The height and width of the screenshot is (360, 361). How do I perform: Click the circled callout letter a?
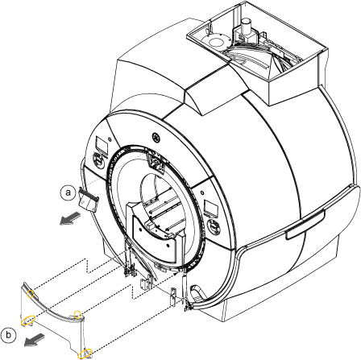(x=68, y=192)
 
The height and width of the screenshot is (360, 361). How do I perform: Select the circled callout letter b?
(x=8, y=335)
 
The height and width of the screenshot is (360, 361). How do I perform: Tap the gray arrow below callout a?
(x=70, y=217)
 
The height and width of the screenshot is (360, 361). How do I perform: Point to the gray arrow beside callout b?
(x=35, y=340)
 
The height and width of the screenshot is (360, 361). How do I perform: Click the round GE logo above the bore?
(x=156, y=138)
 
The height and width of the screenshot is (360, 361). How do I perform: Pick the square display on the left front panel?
(x=102, y=145)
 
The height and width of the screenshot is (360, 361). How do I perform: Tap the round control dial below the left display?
(x=99, y=160)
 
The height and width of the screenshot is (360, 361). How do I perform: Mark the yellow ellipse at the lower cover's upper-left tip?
(x=31, y=294)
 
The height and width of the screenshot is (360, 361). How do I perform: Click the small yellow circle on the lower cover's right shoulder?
(x=78, y=314)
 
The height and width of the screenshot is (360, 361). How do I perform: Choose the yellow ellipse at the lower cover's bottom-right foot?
(x=85, y=353)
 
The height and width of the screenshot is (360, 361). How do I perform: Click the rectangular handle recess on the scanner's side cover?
(x=305, y=224)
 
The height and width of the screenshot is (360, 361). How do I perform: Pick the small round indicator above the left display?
(x=110, y=139)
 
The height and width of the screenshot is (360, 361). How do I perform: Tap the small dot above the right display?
(x=201, y=192)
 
